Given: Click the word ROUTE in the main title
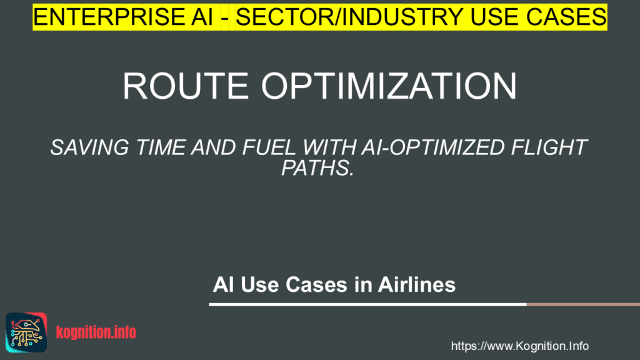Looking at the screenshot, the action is click(186, 86).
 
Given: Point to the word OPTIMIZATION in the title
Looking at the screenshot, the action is click(389, 86).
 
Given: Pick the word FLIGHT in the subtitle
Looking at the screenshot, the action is click(549, 147).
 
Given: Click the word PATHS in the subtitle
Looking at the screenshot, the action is click(314, 167).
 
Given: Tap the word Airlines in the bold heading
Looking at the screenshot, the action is click(416, 284).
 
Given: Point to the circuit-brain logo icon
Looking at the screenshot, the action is click(26, 332).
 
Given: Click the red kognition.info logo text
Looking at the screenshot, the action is click(96, 332).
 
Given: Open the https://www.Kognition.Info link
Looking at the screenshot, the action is click(519, 346).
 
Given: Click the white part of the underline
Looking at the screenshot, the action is click(367, 304).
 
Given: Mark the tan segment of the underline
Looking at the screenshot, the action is click(583, 304).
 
